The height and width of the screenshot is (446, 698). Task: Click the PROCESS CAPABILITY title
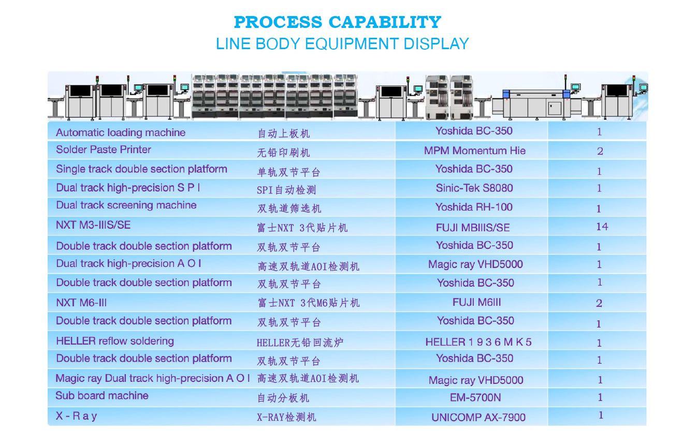(337, 22)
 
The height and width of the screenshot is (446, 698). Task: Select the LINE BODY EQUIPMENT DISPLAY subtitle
(342, 43)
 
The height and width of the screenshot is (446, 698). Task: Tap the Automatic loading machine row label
(121, 132)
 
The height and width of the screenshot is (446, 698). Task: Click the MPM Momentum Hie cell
(474, 151)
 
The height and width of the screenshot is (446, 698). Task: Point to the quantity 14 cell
(602, 226)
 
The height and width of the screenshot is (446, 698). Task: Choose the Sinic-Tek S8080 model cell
(474, 188)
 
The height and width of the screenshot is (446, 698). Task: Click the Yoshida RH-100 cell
(474, 207)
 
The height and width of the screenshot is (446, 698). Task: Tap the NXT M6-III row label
(81, 302)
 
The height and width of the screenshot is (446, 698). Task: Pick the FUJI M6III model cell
(476, 302)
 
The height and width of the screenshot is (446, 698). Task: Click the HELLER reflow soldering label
(115, 341)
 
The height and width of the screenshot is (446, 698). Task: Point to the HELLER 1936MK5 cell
(478, 342)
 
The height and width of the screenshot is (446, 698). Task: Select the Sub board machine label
(102, 395)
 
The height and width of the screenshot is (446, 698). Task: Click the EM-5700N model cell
(475, 397)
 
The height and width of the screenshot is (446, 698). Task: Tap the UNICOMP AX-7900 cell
(478, 417)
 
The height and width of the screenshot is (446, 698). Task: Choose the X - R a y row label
(76, 415)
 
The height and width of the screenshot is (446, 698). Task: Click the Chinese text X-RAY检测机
(286, 417)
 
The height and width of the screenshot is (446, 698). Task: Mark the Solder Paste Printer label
(104, 150)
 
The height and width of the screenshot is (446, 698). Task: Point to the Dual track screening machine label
(126, 205)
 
